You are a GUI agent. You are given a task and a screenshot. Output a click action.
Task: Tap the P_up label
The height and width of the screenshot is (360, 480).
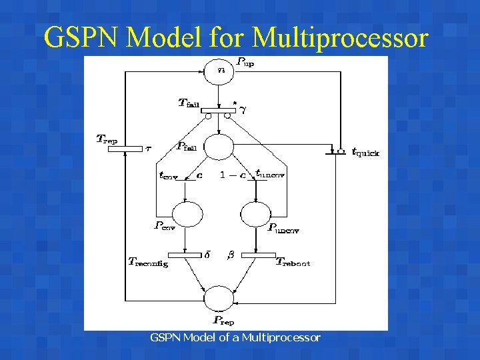coord(245,63)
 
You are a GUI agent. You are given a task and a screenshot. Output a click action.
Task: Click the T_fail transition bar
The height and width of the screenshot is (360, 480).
coord(219,110)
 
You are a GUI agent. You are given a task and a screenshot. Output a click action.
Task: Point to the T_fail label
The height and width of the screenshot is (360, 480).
coord(189,103)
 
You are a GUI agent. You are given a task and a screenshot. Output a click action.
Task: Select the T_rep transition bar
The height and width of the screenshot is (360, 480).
coord(125,148)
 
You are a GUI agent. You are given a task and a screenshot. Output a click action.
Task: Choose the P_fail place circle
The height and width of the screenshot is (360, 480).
coord(219,147)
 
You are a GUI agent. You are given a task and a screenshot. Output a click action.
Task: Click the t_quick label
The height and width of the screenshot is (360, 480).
coord(366,153)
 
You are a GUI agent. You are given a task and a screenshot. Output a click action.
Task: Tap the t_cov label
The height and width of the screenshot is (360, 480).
coord(169,176)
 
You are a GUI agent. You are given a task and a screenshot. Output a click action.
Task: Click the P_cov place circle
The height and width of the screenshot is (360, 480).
coord(187,214)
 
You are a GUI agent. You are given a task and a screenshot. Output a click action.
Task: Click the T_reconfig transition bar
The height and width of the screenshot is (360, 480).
coord(185,255)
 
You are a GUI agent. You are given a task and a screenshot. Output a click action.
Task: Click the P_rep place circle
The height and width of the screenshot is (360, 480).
coord(219,297)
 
